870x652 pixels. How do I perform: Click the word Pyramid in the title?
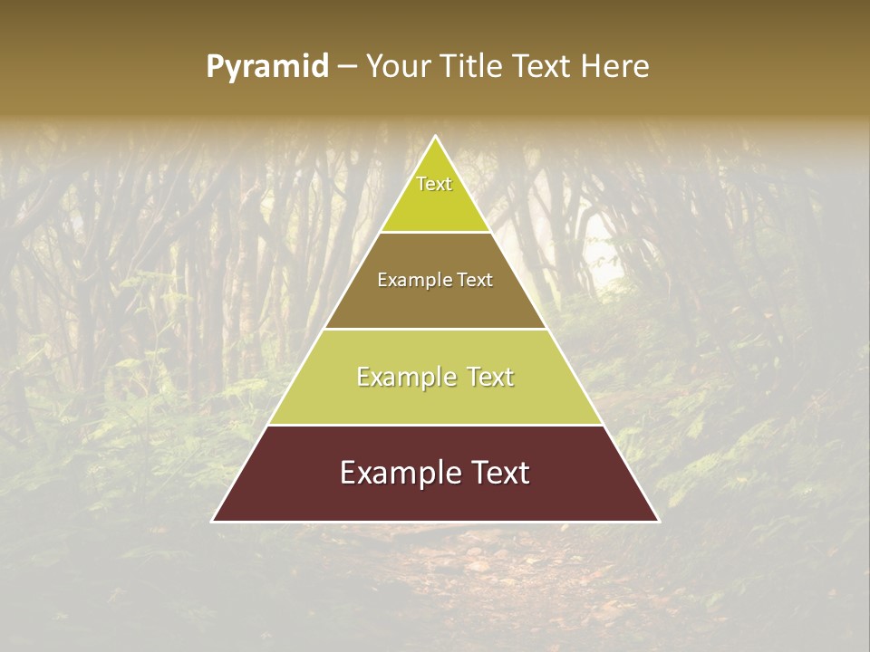(267, 67)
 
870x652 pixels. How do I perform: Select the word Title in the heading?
(472, 67)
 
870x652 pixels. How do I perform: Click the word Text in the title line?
(541, 67)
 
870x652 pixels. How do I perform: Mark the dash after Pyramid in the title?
(347, 67)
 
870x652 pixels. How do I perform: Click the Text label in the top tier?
(434, 184)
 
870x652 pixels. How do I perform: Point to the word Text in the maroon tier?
(497, 473)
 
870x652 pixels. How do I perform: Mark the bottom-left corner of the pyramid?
(213, 521)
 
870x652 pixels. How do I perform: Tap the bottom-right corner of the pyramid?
(659, 521)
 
